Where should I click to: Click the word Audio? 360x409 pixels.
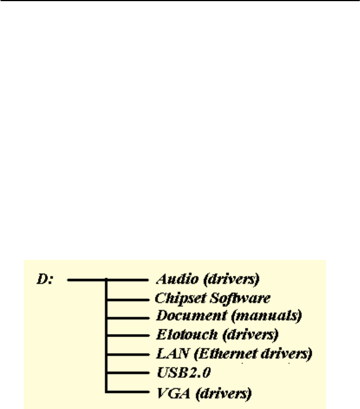click(x=171, y=280)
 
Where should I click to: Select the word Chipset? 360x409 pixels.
click(x=175, y=298)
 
